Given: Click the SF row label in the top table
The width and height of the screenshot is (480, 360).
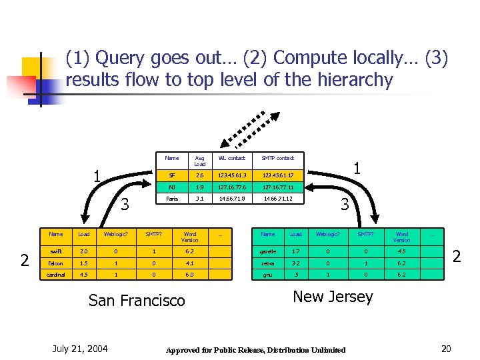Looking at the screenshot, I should (172, 175).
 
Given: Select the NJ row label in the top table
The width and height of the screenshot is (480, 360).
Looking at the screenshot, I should (172, 187).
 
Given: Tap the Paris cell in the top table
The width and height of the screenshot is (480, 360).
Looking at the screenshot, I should (172, 199).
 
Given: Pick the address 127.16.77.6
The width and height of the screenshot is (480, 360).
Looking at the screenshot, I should (231, 187).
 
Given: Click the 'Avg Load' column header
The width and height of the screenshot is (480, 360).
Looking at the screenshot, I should (200, 161).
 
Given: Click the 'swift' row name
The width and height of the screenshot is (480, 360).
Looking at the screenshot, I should (56, 252).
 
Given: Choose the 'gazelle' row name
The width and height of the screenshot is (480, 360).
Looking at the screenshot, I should (269, 252).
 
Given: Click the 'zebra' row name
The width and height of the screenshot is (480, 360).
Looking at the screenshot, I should (269, 262).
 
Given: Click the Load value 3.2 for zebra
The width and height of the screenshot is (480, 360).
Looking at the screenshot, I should (296, 262).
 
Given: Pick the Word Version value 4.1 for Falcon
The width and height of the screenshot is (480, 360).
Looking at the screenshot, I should (190, 262).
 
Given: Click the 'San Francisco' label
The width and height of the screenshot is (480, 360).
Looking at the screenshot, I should (137, 301).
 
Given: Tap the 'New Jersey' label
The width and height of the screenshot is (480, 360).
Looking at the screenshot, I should (333, 297).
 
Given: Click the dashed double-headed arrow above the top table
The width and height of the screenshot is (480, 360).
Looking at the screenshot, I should (247, 130).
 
